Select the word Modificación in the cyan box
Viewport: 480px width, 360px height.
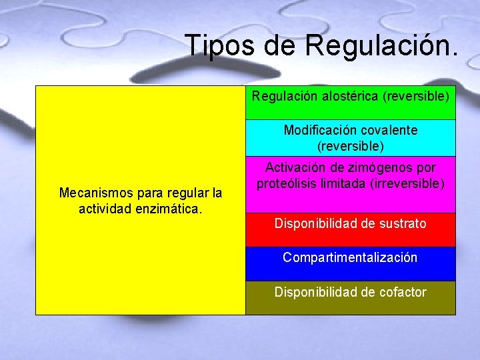[x=318, y=130]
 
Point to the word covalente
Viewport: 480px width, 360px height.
[x=386, y=130]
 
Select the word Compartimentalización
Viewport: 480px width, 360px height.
[x=350, y=257]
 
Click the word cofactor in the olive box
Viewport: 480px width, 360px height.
[x=401, y=291]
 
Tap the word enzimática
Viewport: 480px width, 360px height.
[x=175, y=209]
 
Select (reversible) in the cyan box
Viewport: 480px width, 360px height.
[x=350, y=145]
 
